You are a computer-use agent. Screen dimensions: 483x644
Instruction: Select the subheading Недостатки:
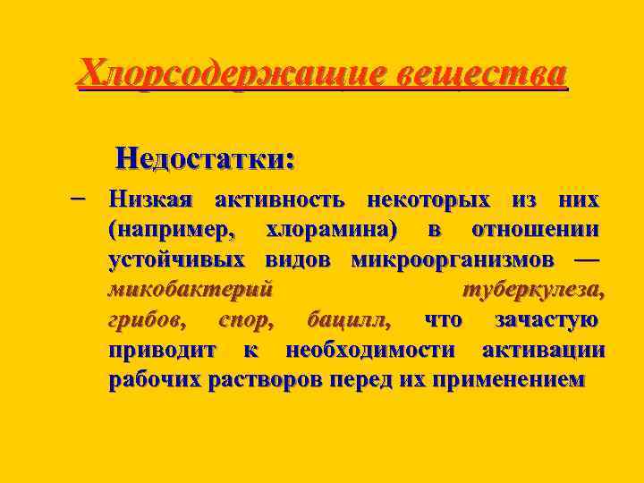click(x=206, y=160)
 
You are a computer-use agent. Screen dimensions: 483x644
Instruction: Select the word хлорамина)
click(x=332, y=229)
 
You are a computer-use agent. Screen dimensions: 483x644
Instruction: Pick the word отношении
click(x=535, y=229)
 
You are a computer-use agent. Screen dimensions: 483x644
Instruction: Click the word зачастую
click(x=547, y=319)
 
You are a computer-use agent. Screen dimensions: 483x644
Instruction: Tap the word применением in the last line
click(x=508, y=379)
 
